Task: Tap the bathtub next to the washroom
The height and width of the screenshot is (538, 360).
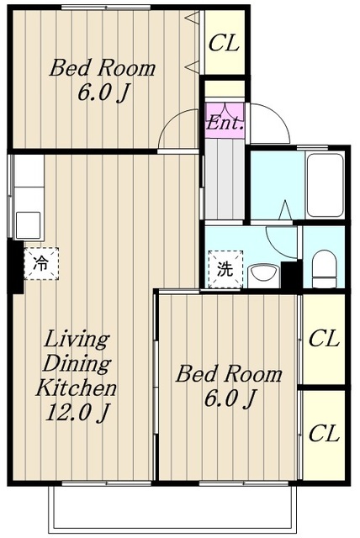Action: coord(325,185)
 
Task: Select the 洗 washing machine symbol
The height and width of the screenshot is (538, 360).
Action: coord(225,269)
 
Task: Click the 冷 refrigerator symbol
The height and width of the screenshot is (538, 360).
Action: coord(41,263)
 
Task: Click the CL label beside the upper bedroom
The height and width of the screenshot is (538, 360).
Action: coord(224,43)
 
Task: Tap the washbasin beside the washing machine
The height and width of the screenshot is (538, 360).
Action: coord(263,276)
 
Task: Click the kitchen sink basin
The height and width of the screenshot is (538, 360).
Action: coord(28,224)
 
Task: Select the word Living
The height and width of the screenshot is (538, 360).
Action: coord(77,339)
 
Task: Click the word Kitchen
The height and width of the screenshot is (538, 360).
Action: coord(77,388)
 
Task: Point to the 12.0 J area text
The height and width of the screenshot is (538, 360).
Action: coord(77,413)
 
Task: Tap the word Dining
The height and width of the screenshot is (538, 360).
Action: coord(77,364)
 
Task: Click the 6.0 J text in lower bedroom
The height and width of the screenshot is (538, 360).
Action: coord(230,398)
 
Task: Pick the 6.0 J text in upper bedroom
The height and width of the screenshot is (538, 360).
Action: coord(103,92)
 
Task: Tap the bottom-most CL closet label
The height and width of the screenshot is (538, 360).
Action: coord(324,433)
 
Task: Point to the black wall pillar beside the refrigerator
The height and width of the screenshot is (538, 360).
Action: coord(15,266)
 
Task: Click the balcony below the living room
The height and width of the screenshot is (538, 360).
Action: coord(172,509)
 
